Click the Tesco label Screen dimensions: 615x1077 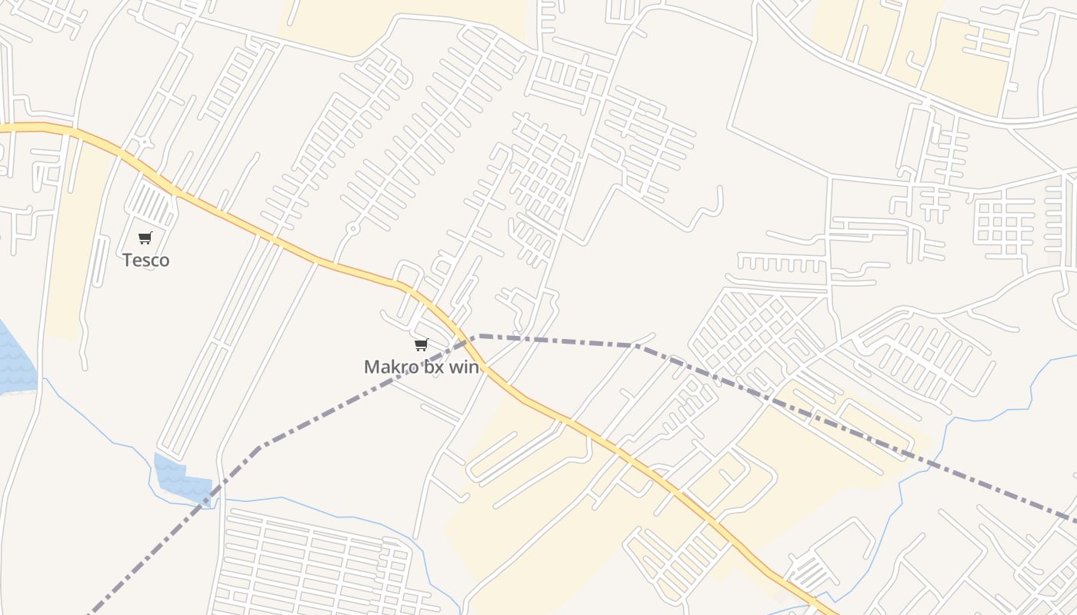145,260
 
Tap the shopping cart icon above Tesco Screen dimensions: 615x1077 145,238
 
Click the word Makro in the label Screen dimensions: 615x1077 391,367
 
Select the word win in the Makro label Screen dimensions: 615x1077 465,367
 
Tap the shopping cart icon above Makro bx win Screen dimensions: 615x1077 421,344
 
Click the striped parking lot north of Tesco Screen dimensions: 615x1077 151,204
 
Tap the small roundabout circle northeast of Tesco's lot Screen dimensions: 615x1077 145,143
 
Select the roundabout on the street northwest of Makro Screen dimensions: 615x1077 353,228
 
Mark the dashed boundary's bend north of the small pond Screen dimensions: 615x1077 258,447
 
